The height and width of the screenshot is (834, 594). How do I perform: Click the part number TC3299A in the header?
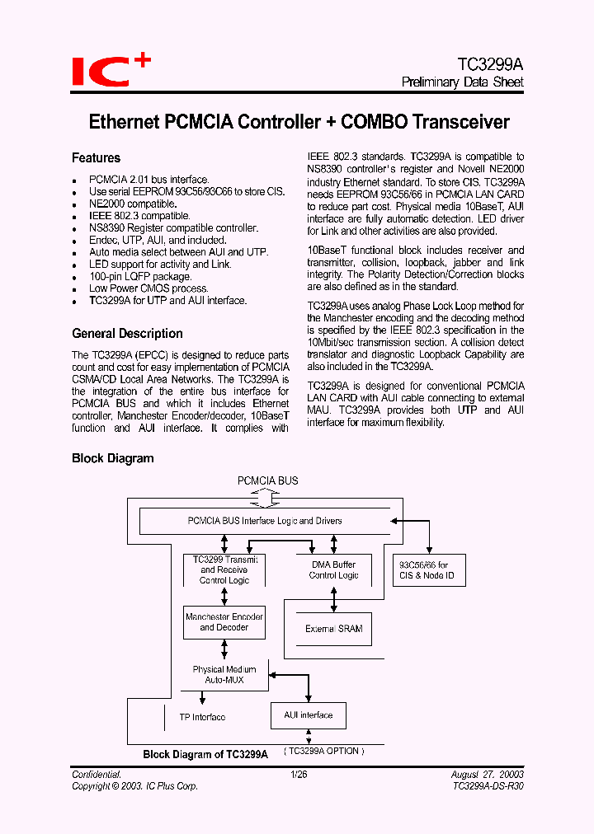click(490, 63)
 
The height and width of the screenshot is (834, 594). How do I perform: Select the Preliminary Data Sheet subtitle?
click(462, 82)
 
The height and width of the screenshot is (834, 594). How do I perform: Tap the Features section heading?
click(96, 157)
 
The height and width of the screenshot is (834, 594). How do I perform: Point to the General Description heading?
click(127, 334)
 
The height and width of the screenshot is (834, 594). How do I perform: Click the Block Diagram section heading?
click(112, 458)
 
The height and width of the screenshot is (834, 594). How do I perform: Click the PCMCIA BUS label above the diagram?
click(268, 480)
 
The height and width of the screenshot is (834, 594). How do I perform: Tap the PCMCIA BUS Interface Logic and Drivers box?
click(264, 521)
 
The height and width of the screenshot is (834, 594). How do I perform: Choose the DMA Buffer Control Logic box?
click(333, 570)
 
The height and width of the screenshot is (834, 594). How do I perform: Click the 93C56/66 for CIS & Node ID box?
click(429, 570)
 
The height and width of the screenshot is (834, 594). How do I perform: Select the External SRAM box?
click(333, 629)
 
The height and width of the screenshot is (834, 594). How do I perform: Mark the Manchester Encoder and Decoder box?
click(224, 622)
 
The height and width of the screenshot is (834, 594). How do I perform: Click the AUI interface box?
click(309, 715)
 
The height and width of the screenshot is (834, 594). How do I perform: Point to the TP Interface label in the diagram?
click(202, 717)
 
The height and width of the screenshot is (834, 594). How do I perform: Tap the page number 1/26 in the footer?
click(298, 775)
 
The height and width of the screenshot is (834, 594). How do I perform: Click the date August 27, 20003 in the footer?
click(487, 775)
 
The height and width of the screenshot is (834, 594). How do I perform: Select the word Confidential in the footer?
click(97, 775)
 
